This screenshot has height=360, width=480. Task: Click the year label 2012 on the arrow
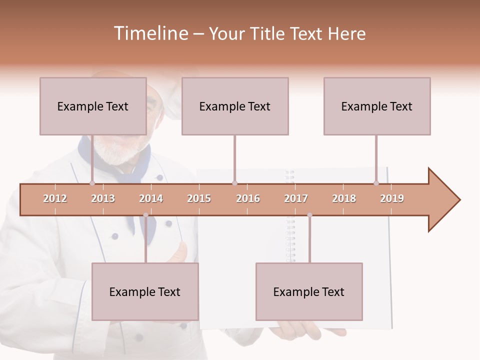(55, 198)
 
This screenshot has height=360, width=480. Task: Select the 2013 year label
(103, 198)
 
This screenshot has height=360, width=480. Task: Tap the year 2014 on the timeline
(151, 198)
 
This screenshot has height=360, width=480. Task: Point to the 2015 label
(199, 198)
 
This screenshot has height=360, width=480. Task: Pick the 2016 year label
(248, 198)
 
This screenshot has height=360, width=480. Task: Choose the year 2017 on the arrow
(296, 198)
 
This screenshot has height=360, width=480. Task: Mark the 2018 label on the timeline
(344, 198)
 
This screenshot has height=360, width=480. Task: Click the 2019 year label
(392, 198)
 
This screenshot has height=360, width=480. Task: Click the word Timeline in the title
(150, 33)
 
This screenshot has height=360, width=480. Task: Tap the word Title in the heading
(268, 33)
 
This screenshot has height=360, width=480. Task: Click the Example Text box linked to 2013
(93, 106)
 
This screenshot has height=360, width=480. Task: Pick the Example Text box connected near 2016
(235, 106)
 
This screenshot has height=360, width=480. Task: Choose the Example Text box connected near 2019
(377, 106)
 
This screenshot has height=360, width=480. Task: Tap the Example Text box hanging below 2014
(145, 291)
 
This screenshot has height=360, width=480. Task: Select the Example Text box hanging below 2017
(309, 291)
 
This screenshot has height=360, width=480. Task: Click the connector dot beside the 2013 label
(92, 183)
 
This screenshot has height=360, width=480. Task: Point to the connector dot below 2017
(309, 215)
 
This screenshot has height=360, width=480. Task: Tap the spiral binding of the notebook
(290, 240)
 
